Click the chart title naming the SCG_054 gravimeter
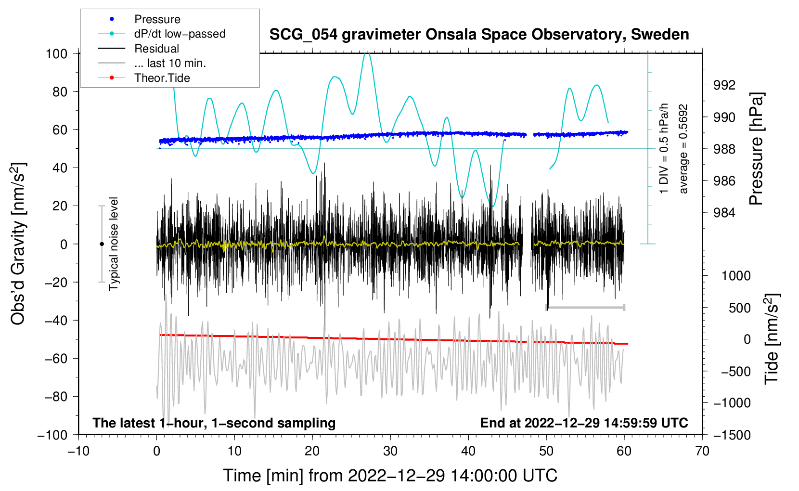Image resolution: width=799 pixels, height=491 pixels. pyautogui.click(x=479, y=35)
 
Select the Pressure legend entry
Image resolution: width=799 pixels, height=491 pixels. pyautogui.click(x=157, y=19)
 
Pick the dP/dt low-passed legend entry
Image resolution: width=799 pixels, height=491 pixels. pyautogui.click(x=180, y=34)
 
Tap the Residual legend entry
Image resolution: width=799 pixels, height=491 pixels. pyautogui.click(x=156, y=49)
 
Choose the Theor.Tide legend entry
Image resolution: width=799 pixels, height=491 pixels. pyautogui.click(x=162, y=78)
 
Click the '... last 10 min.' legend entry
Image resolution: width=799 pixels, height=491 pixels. pyautogui.click(x=170, y=63)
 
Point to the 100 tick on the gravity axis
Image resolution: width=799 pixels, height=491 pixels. pyautogui.click(x=56, y=53)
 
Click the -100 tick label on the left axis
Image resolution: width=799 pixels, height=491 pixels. pyautogui.click(x=52, y=435)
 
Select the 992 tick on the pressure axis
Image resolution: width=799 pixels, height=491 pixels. pyautogui.click(x=724, y=85)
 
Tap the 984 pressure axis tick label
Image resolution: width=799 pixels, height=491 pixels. pyautogui.click(x=724, y=213)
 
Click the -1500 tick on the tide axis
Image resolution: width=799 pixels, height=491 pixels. pyautogui.click(x=732, y=435)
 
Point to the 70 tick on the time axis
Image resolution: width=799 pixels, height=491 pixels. pyautogui.click(x=702, y=451)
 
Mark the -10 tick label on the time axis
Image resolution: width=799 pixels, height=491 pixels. pyautogui.click(x=78, y=451)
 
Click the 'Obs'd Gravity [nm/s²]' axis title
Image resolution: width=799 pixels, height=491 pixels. pyautogui.click(x=18, y=244)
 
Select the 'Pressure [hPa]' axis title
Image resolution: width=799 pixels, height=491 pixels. pyautogui.click(x=756, y=149)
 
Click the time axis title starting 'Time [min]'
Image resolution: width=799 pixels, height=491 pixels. pyautogui.click(x=390, y=476)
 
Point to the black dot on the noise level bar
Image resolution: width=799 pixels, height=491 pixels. pyautogui.click(x=102, y=244)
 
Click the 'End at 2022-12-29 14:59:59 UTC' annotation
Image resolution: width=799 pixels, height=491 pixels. pyautogui.click(x=584, y=423)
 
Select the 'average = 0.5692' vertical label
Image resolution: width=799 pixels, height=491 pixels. pyautogui.click(x=683, y=149)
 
